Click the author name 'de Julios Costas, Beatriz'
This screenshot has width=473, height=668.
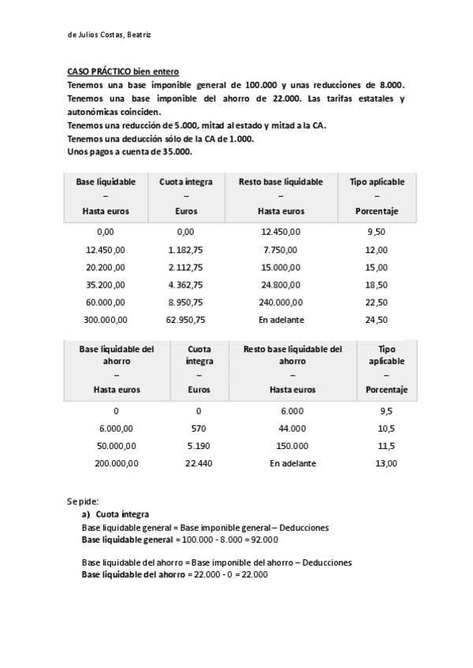coord(110,34)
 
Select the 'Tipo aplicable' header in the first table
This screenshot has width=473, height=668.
coord(377,181)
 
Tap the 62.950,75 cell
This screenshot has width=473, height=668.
coord(186,320)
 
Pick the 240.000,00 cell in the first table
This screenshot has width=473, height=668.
coord(281,302)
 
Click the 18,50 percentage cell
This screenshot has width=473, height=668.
coord(377,284)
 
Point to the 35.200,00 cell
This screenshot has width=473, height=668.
coord(106,284)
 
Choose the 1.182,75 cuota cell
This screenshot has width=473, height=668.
coord(186,249)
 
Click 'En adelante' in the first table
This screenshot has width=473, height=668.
coord(281,320)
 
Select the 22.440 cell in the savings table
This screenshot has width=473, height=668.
coord(199,463)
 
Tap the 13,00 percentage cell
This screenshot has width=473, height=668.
coord(386,463)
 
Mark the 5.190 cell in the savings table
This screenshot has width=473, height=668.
coord(199,446)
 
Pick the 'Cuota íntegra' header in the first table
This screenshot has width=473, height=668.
coord(186,181)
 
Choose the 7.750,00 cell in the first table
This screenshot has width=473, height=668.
coord(281,249)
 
